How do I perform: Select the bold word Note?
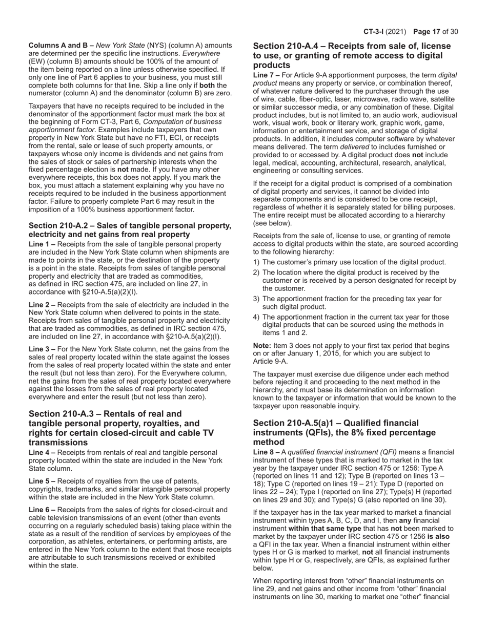[265, 346]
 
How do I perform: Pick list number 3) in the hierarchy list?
[256, 299]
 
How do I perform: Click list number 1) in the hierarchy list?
[256, 262]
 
